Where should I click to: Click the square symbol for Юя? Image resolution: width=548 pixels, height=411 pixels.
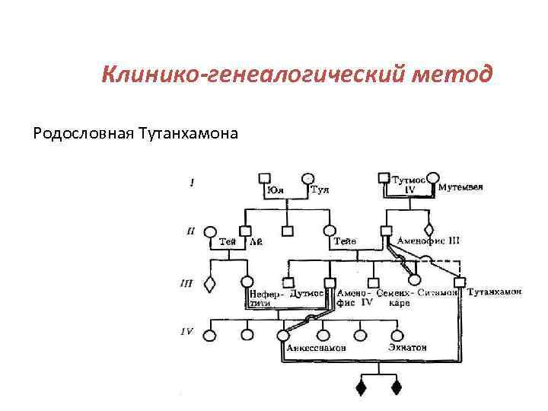click(265, 178)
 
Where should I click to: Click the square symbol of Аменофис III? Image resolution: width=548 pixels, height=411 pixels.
click(386, 230)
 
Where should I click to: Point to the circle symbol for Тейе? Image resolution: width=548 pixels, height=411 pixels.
click(329, 230)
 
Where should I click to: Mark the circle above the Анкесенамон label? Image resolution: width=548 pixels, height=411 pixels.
click(284, 334)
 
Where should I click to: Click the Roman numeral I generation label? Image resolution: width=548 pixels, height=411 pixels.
click(192, 182)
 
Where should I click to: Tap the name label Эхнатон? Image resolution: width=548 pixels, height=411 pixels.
click(407, 347)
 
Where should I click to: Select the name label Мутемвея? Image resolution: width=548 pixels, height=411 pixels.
click(461, 186)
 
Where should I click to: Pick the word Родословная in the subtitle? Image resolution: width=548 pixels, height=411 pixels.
click(83, 134)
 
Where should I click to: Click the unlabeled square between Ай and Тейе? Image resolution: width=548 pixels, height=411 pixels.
click(287, 230)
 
